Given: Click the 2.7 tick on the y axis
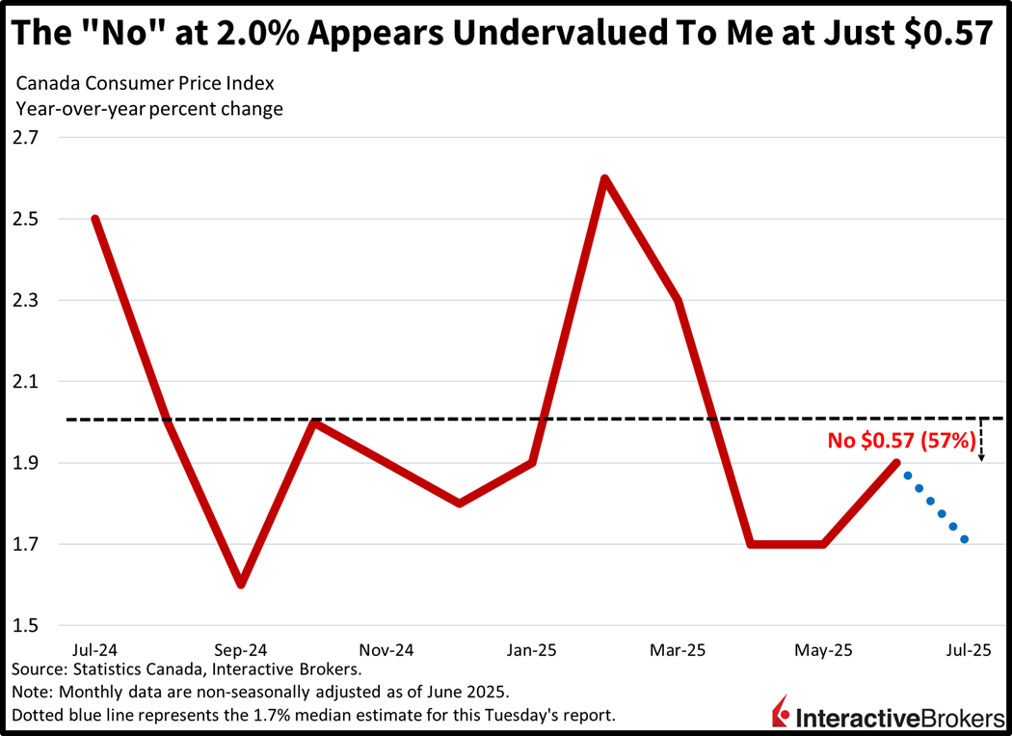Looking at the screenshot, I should click(x=26, y=137).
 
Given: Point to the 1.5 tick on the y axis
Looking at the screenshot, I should click(x=26, y=625).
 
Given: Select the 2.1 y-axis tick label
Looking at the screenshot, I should click(x=26, y=382).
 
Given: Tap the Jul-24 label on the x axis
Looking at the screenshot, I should click(x=93, y=650).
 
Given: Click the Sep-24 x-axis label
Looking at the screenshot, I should click(x=240, y=650).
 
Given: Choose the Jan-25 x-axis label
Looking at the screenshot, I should click(x=533, y=650).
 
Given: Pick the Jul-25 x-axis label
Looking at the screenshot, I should click(x=966, y=650).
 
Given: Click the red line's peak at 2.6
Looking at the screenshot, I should click(x=605, y=178).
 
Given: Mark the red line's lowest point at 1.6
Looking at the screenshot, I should click(x=240, y=584).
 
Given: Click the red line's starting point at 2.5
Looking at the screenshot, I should click(x=94, y=219).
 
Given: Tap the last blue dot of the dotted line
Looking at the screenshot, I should click(x=964, y=539).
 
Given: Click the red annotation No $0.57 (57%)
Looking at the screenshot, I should click(x=902, y=441).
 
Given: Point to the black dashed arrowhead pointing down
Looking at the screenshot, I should click(x=981, y=458).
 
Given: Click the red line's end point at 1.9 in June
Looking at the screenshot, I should click(x=897, y=463).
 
